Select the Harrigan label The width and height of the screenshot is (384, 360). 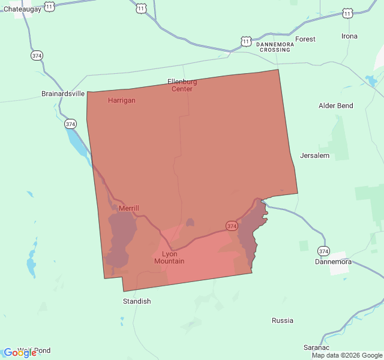pos(122,100)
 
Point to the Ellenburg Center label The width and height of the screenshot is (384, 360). pos(182,85)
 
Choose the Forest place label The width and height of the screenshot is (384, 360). pos(305,39)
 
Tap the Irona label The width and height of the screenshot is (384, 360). pos(349,36)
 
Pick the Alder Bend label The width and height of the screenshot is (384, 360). pos(336,106)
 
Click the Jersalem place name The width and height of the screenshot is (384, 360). pos(315,155)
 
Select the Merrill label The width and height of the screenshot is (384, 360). pos(128,208)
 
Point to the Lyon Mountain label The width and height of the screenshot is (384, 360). pos(169,257)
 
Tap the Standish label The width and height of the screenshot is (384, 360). pos(137,301)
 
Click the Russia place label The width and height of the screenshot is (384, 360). pos(283,320)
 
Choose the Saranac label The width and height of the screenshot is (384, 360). pos(316,347)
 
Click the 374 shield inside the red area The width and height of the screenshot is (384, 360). pos(232,226)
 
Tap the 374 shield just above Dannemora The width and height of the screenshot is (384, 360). pos(324,250)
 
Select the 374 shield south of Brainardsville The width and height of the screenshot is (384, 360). pos(71,124)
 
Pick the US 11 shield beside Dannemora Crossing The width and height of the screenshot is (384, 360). pos(246,41)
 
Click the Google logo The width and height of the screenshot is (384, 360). pos(20,352)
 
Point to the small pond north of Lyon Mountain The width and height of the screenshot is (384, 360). pos(190,223)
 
